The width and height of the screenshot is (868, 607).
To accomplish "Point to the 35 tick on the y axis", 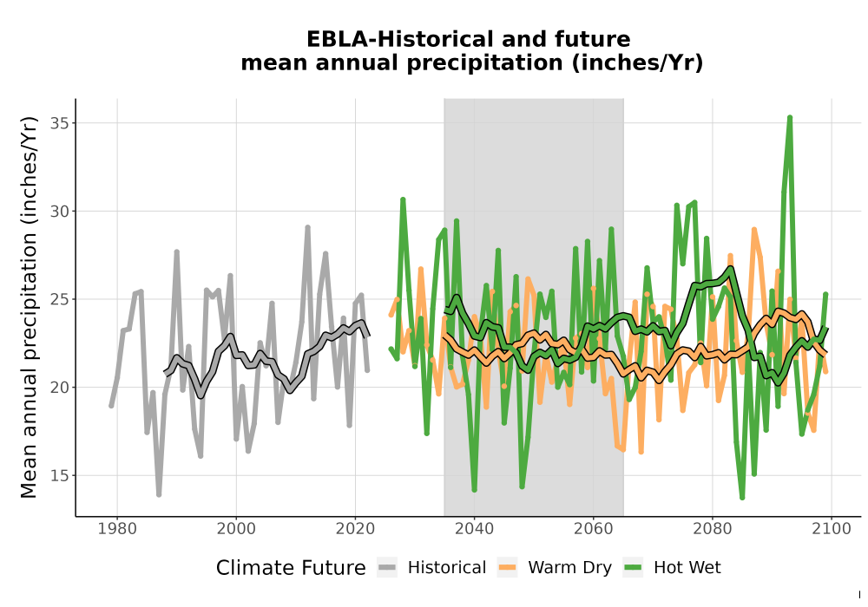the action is [x=60, y=123].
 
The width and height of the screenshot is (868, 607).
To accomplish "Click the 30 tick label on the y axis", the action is [x=60, y=212].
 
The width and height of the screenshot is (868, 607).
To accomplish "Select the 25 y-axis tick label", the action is [x=60, y=299].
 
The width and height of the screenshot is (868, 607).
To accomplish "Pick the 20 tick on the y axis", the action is [x=60, y=387].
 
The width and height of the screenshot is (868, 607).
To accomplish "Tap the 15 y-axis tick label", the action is [x=60, y=475].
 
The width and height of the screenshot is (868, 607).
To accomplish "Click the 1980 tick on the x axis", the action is [x=117, y=528].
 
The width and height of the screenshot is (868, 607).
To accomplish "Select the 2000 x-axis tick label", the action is [x=236, y=528].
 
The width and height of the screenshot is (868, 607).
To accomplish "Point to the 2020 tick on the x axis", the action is [x=355, y=528].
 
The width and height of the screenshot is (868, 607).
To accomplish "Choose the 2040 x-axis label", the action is [x=475, y=528].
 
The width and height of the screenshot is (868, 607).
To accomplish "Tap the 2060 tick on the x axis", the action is [x=594, y=528].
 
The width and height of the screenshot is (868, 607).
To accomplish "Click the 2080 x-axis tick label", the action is [x=713, y=528].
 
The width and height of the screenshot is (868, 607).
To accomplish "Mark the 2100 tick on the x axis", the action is [x=832, y=528].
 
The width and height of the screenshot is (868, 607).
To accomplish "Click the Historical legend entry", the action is [x=431, y=568].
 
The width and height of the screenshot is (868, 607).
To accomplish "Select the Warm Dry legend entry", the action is [x=555, y=568].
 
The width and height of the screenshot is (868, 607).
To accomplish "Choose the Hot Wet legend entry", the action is [x=673, y=568].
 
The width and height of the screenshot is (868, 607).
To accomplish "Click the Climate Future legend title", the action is [x=291, y=568].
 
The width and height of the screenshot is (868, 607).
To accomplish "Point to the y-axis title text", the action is [x=29, y=307].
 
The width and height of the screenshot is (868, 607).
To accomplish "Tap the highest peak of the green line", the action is [x=790, y=118].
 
